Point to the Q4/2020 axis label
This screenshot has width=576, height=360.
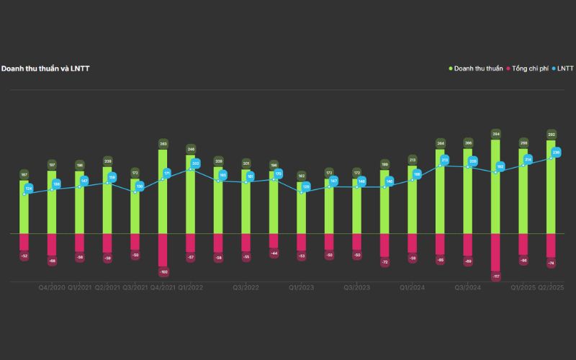(52, 287)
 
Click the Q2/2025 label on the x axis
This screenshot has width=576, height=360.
(551, 287)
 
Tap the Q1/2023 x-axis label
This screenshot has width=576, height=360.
(301, 287)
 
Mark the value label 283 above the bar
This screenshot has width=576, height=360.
(163, 144)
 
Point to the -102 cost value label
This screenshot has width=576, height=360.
(163, 271)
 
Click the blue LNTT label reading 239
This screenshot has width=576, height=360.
(556, 152)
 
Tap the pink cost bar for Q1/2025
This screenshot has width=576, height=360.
(523, 245)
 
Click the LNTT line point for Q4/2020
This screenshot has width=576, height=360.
(52, 189)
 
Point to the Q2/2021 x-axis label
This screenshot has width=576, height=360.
(107, 287)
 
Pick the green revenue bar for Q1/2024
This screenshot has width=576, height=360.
(412, 200)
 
